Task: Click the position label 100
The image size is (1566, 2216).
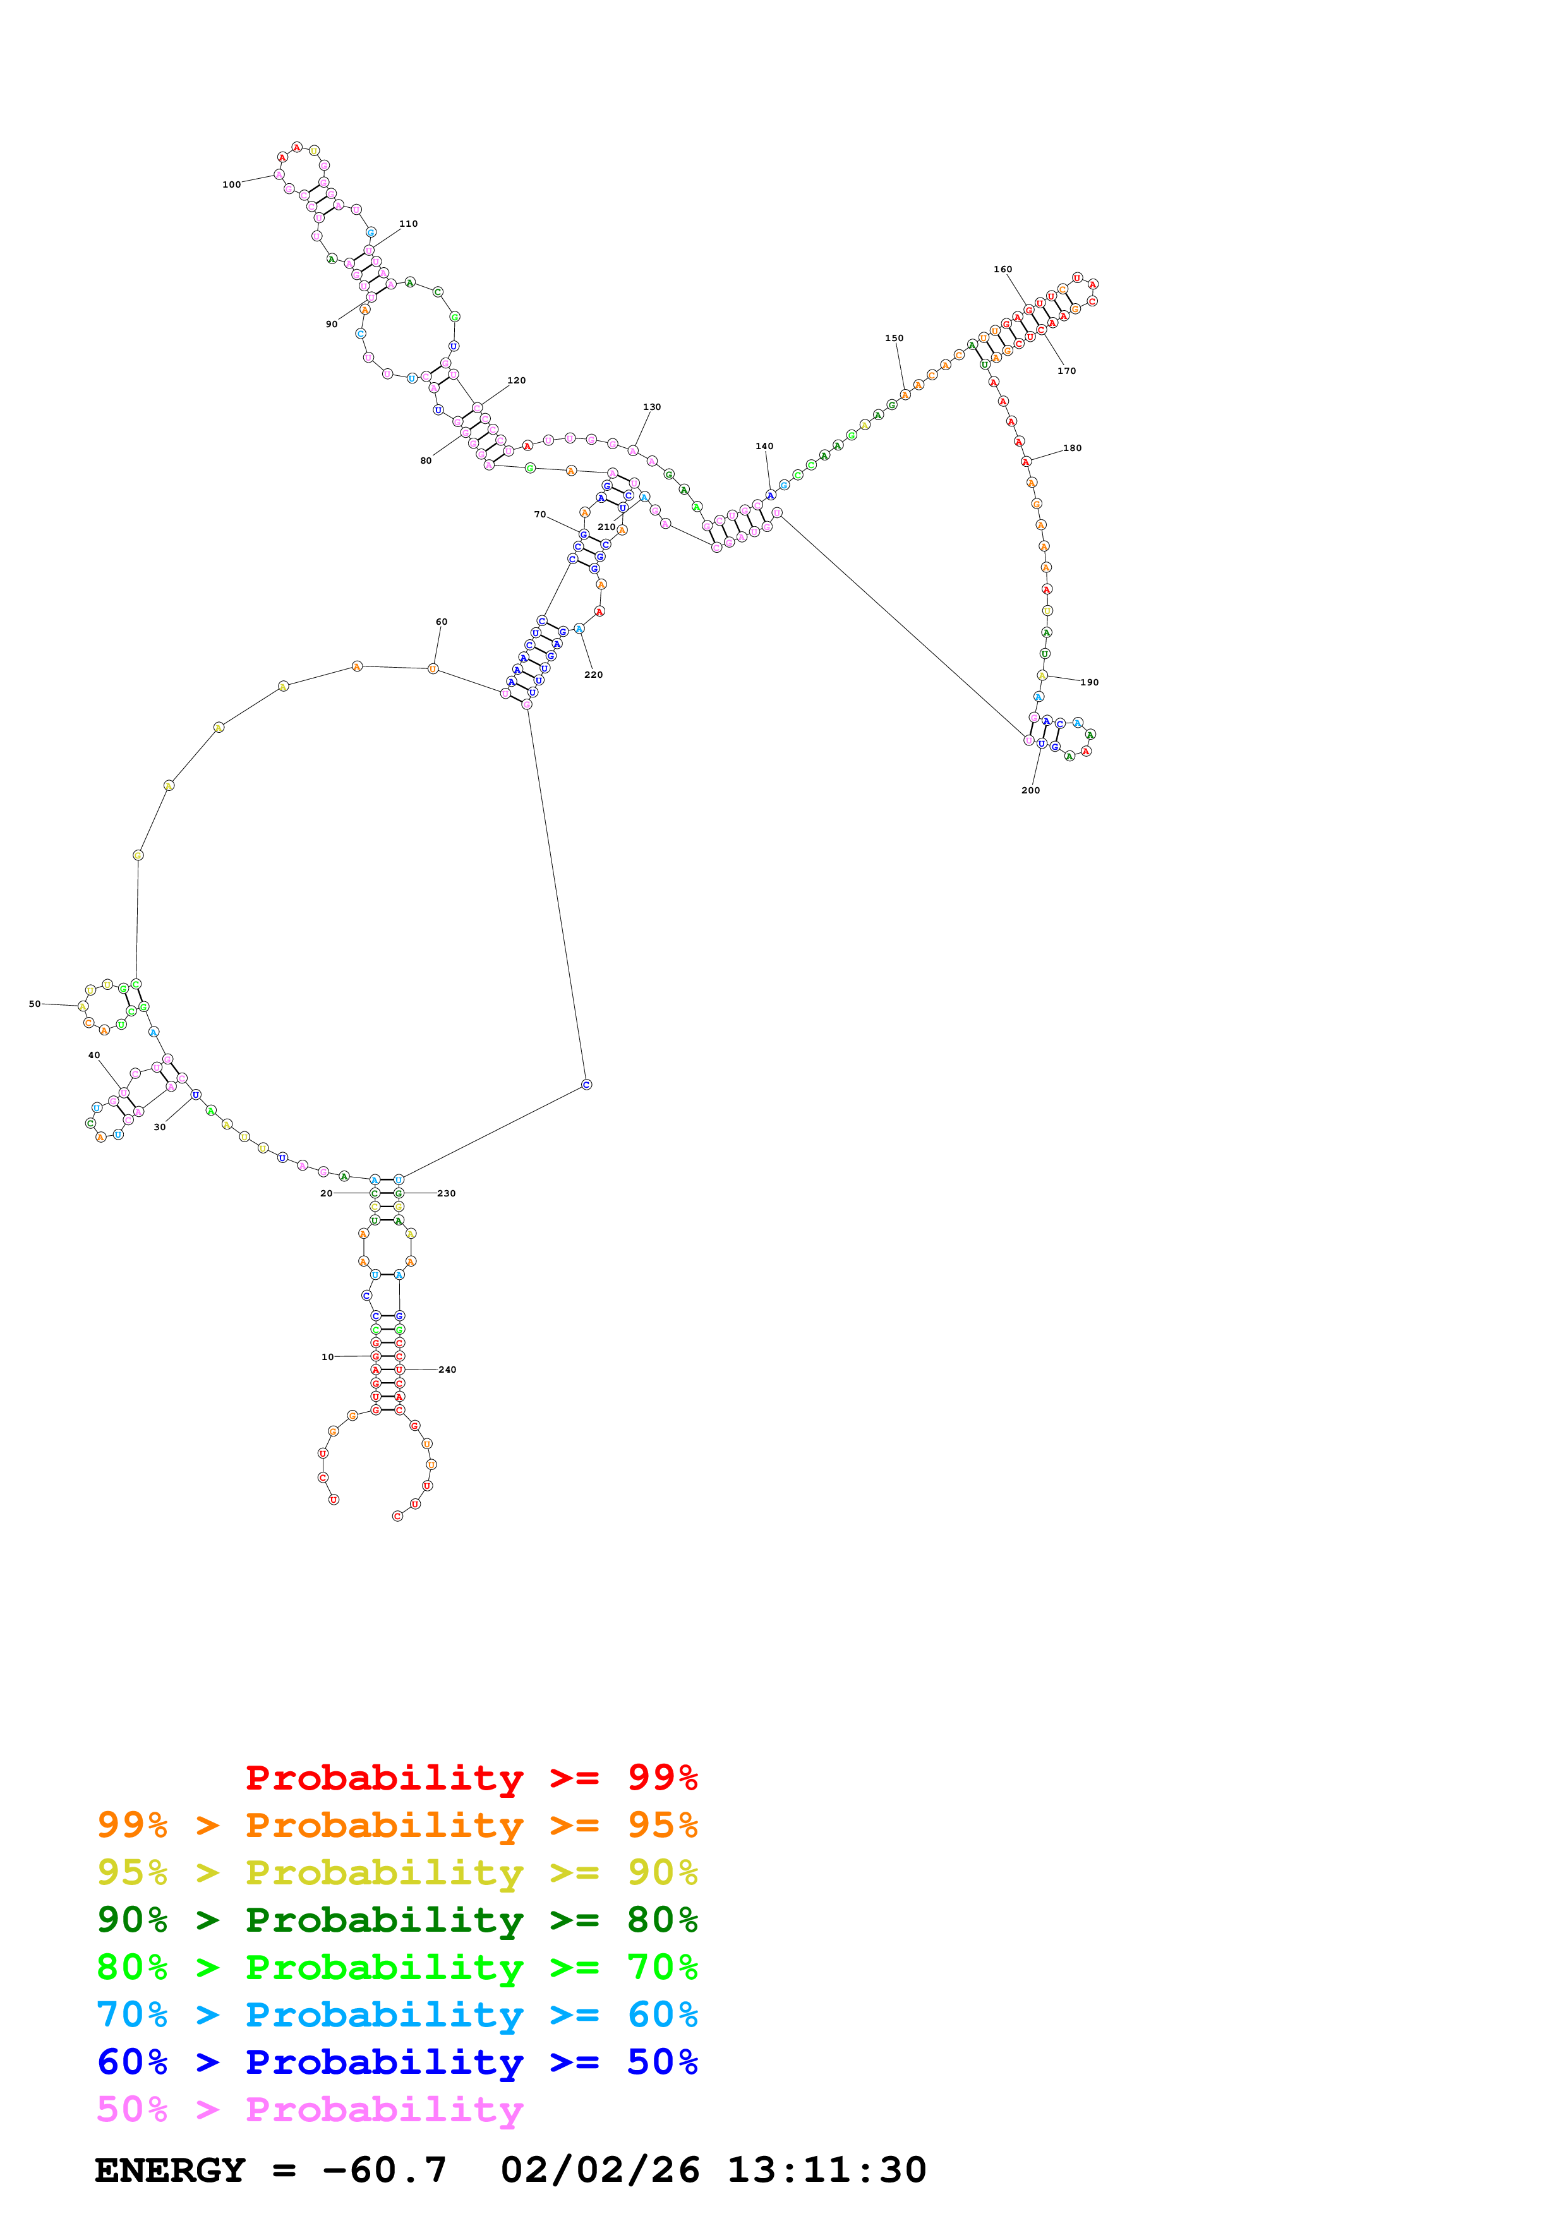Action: (x=232, y=184)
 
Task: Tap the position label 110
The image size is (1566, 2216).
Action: (x=408, y=224)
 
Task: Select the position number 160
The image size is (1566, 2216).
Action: (x=1003, y=269)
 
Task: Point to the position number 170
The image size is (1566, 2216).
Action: (x=1066, y=371)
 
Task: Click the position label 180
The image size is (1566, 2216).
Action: (x=1072, y=448)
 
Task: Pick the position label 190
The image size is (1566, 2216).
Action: (x=1089, y=682)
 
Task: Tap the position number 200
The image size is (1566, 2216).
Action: (x=1030, y=790)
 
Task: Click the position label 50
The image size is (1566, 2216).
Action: (x=35, y=1004)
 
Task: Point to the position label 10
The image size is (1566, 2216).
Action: (x=328, y=1357)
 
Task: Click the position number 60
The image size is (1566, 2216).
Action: (x=441, y=622)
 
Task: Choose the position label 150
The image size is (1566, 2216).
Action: (x=894, y=338)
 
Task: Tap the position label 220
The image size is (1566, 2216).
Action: (x=593, y=675)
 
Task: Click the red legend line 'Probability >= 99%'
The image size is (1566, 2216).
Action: (x=471, y=1777)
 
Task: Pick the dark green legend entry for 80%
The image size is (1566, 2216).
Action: (x=397, y=1920)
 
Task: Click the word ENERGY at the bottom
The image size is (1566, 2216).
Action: (x=170, y=2170)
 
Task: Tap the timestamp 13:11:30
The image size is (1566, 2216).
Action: (x=826, y=2170)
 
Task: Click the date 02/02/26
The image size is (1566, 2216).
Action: (x=600, y=2170)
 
